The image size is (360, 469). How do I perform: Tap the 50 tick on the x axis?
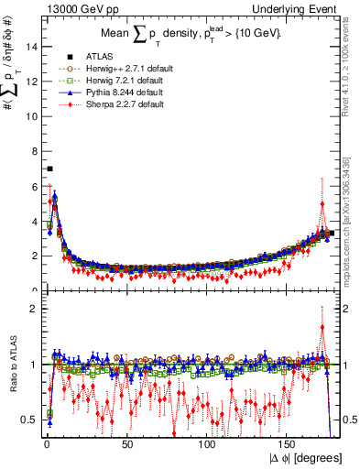(x=127, y=444)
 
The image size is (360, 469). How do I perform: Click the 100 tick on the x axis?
(x=208, y=444)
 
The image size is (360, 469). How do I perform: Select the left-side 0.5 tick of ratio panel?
(x=27, y=420)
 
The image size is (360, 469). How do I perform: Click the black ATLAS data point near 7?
(x=49, y=169)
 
